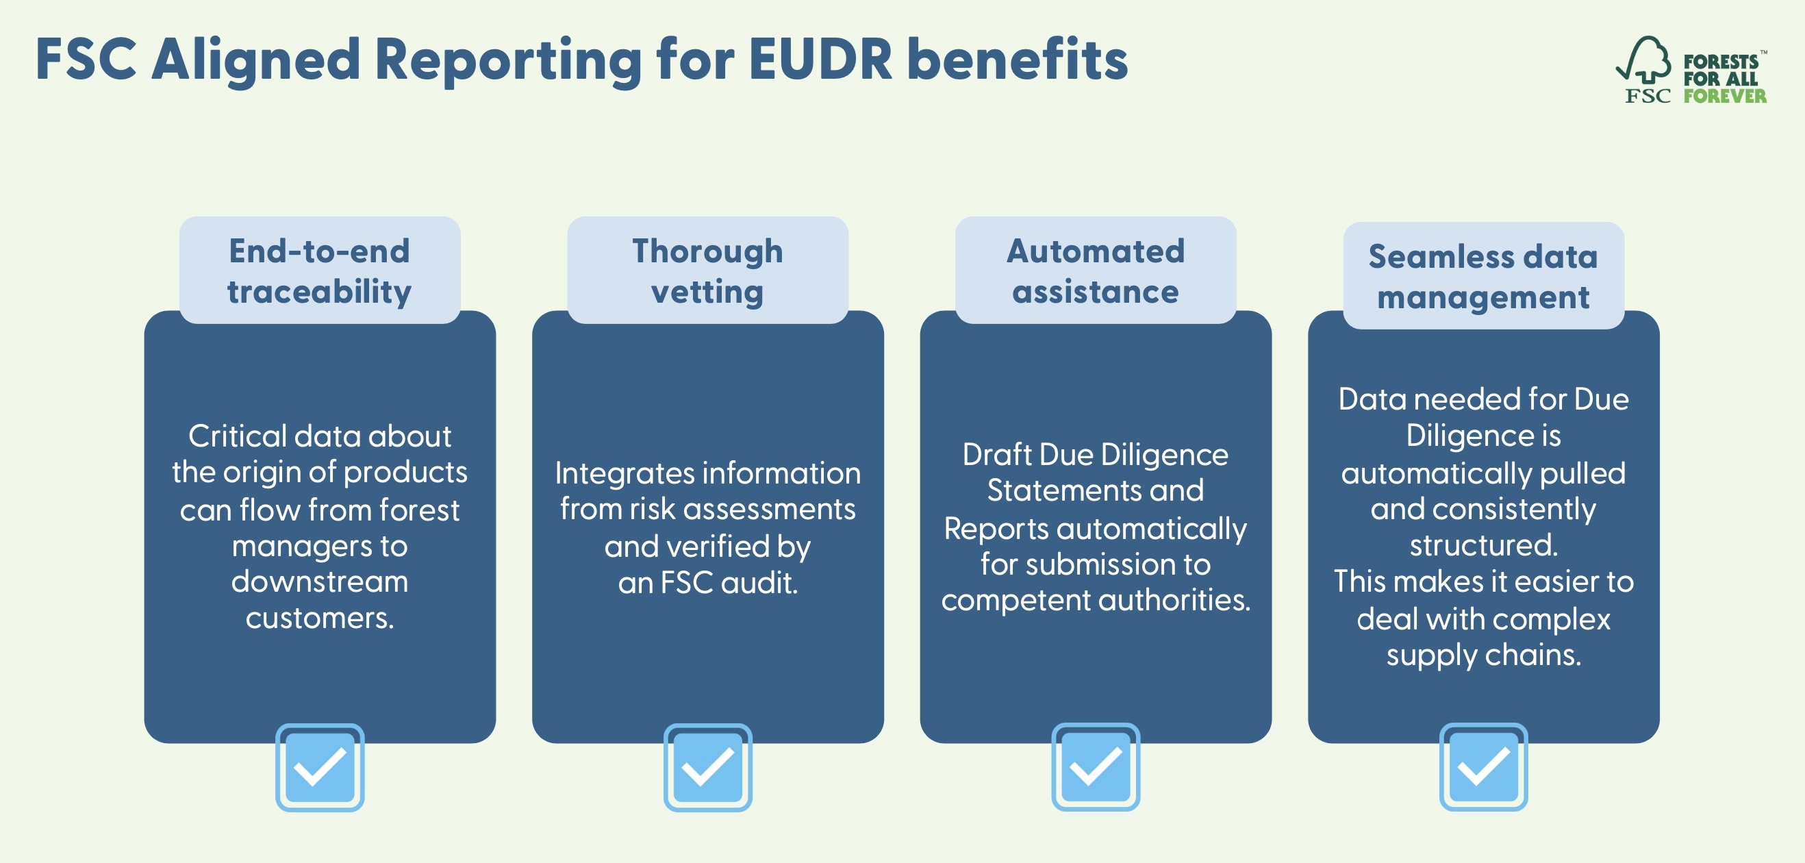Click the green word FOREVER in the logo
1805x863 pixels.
point(1724,96)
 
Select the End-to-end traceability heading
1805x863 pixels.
point(320,271)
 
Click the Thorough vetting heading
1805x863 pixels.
point(708,271)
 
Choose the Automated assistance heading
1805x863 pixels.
point(1095,271)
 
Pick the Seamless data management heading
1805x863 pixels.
point(1483,276)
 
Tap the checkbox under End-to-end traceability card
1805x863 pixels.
point(320,767)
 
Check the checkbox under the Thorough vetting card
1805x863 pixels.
point(708,767)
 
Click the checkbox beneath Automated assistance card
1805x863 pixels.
point(1095,767)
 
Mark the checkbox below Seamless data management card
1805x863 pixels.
point(1483,767)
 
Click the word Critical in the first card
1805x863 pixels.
point(238,436)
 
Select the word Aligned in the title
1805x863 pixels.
point(256,60)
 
